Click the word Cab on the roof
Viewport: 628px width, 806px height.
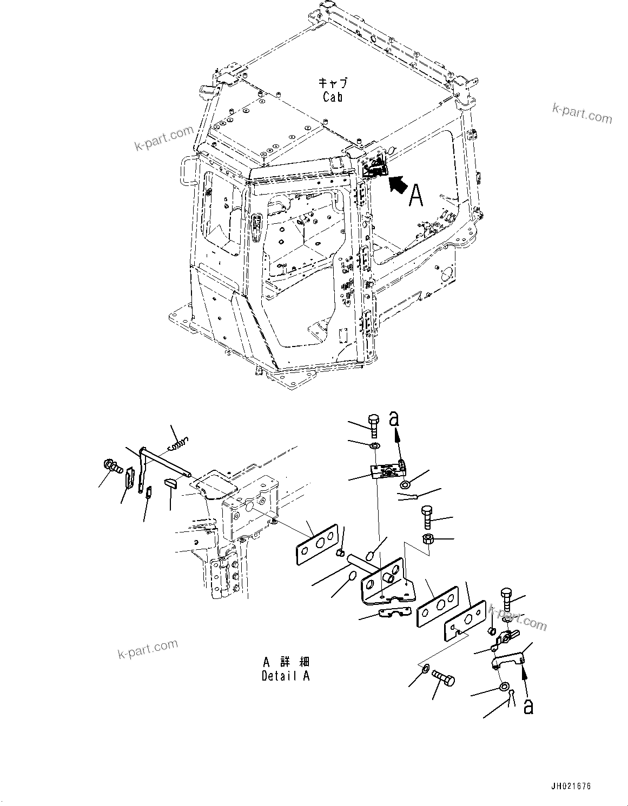[x=333, y=97]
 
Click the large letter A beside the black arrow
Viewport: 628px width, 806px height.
[x=415, y=195]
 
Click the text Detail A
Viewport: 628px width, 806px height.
[x=286, y=676]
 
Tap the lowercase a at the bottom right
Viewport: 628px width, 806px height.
[x=528, y=706]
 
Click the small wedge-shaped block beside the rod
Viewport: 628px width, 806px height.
[x=171, y=483]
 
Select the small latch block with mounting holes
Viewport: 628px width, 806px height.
[x=387, y=470]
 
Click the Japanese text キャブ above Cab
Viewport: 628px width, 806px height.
[x=333, y=83]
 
